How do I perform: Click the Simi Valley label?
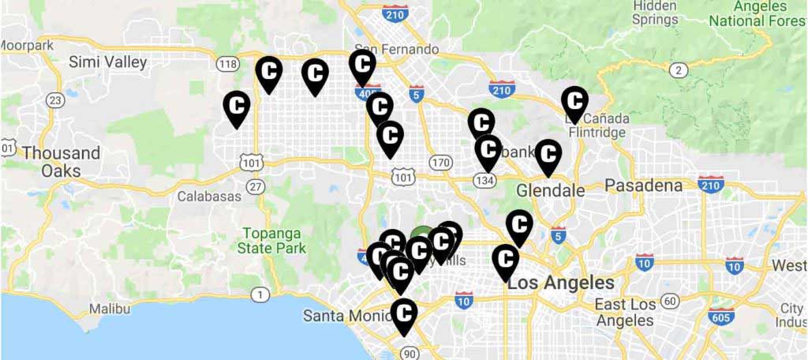click(x=108, y=62)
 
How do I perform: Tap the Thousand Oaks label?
click(x=61, y=161)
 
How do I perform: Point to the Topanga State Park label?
click(x=273, y=240)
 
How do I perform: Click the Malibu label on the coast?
click(x=110, y=309)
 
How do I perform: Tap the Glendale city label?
click(x=551, y=190)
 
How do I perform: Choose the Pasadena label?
click(x=643, y=186)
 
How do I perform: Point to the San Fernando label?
click(x=397, y=49)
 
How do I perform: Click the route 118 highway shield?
click(x=229, y=64)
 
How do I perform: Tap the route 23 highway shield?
click(x=54, y=99)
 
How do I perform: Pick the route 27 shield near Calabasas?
click(x=255, y=186)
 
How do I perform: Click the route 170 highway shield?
click(x=441, y=162)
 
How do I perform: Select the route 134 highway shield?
click(x=484, y=180)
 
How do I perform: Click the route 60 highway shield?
click(x=670, y=300)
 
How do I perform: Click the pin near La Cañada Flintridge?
click(x=574, y=102)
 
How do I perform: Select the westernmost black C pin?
click(x=237, y=106)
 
